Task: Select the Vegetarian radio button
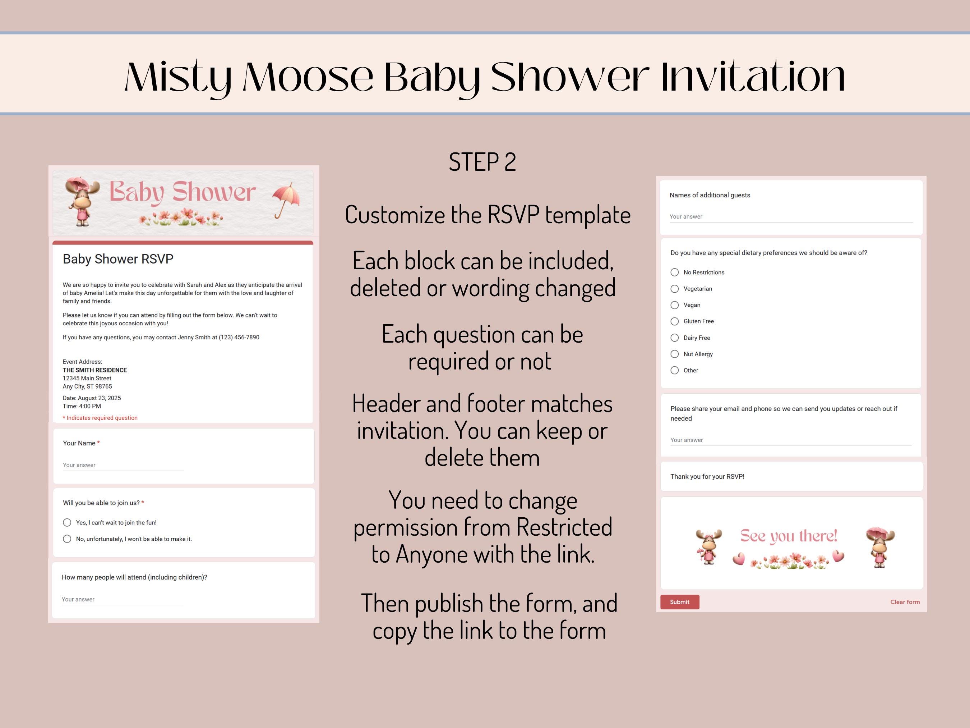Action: pyautogui.click(x=674, y=289)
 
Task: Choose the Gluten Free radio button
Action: pyautogui.click(x=674, y=321)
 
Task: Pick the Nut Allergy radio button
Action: pyautogui.click(x=674, y=354)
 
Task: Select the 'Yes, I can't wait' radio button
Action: pyautogui.click(x=67, y=523)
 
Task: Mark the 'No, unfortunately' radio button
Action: pyautogui.click(x=67, y=539)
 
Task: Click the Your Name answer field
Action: pyautogui.click(x=123, y=466)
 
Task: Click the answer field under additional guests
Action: pyautogui.click(x=791, y=217)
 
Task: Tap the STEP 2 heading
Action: pyautogui.click(x=482, y=162)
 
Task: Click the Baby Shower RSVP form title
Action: pyautogui.click(x=118, y=259)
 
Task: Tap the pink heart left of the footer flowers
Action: pyautogui.click(x=739, y=559)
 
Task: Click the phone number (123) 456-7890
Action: pyautogui.click(x=239, y=338)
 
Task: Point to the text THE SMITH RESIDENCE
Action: pyautogui.click(x=95, y=370)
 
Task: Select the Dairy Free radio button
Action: pyautogui.click(x=674, y=338)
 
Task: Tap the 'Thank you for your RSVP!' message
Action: pyautogui.click(x=707, y=477)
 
